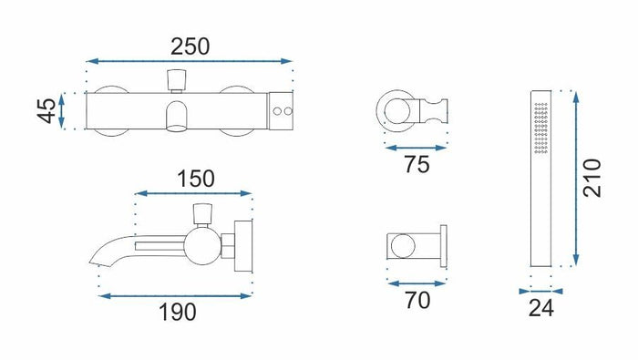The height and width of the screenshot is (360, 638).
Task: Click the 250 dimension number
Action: click(x=190, y=46)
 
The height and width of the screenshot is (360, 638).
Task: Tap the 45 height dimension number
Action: click(x=46, y=110)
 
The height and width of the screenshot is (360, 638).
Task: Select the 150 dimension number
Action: click(x=196, y=179)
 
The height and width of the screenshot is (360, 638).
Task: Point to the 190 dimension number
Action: click(x=178, y=313)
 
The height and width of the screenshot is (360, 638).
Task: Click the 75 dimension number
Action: click(x=417, y=165)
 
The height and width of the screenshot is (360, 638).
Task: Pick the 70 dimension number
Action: click(x=417, y=300)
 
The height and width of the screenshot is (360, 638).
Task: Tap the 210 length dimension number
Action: click(x=592, y=178)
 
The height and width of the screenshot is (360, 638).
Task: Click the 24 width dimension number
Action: click(x=541, y=308)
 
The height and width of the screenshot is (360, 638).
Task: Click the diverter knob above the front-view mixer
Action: click(x=177, y=80)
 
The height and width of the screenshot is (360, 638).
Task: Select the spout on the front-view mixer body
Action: click(x=177, y=117)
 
